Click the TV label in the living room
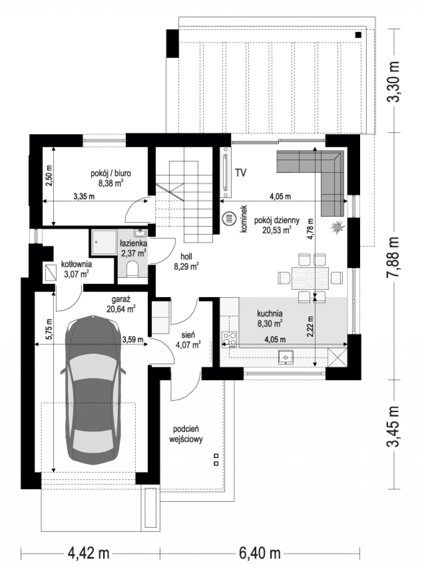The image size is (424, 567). point(240,172)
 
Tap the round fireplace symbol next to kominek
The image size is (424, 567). point(229,218)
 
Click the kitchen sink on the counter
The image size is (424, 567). point(286,357)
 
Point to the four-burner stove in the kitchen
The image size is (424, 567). point(229,339)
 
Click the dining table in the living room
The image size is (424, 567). point(310,278)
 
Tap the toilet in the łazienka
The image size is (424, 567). point(133,269)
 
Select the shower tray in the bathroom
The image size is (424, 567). point(104,242)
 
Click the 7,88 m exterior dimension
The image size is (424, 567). point(393,257)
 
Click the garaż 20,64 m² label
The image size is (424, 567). point(121,304)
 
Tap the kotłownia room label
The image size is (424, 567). point(76,269)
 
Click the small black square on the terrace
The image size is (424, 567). point(358,35)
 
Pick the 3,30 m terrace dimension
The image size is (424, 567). point(393,82)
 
